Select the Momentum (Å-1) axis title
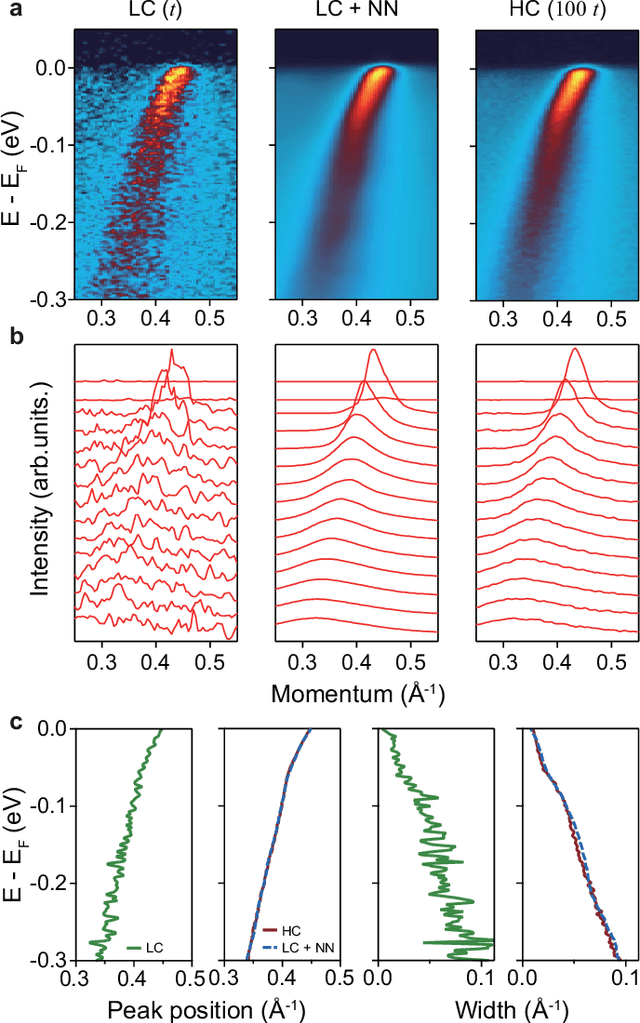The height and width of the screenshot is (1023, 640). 355,664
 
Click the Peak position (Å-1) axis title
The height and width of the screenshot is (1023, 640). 204,1004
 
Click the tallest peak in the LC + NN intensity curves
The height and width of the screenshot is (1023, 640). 373,351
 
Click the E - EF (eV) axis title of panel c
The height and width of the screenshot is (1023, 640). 14,830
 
